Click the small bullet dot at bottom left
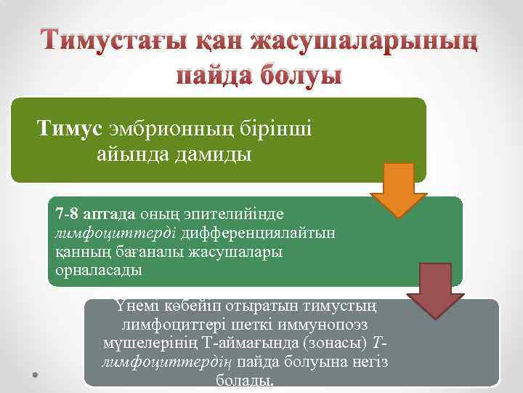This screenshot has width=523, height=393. coord(35,375)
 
